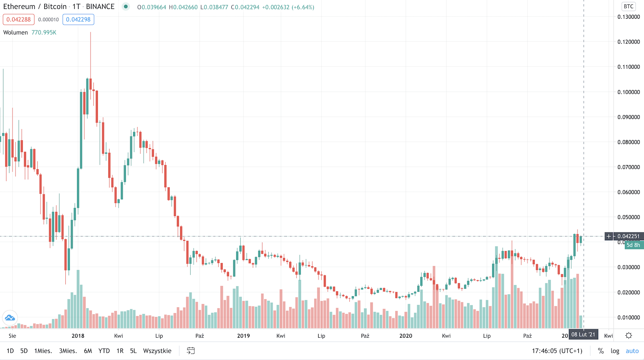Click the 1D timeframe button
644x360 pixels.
click(10, 351)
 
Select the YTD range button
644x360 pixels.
click(104, 351)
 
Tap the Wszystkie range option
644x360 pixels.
click(157, 351)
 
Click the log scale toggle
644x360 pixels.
click(615, 351)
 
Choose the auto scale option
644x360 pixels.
click(632, 351)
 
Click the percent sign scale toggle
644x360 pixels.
click(601, 351)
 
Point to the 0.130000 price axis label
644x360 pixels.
click(629, 17)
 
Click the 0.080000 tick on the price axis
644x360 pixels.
click(629, 142)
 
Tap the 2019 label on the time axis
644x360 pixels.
click(243, 336)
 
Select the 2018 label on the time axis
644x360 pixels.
click(78, 336)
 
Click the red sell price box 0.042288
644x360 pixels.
click(19, 19)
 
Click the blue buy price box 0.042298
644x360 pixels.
click(78, 19)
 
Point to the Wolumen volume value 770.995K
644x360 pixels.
click(44, 32)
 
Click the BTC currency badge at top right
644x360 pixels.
click(629, 6)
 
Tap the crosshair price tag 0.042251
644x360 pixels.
click(628, 236)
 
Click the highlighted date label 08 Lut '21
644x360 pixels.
click(583, 334)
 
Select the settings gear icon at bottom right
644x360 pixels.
click(629, 335)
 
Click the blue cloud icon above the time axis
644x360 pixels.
click(10, 317)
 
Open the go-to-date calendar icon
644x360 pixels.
click(191, 351)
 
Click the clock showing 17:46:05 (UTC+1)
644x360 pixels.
click(557, 351)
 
